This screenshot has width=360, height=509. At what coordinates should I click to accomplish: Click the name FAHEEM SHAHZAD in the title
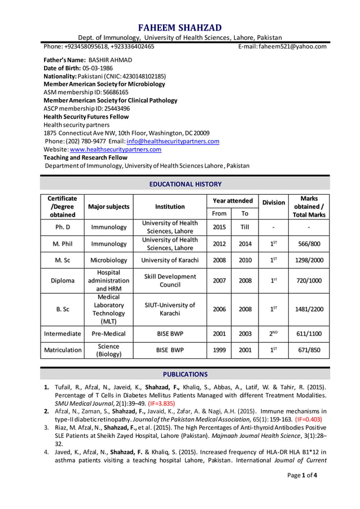pos(180,28)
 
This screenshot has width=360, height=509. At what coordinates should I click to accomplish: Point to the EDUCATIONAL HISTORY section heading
pos(185,184)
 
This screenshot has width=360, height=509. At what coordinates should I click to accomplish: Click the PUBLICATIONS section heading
pos(185,374)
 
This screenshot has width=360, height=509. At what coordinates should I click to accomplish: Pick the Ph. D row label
pos(63,227)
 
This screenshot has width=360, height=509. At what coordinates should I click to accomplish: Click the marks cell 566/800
pos(309,244)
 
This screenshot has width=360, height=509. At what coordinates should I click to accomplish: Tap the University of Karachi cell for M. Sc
pos(170,260)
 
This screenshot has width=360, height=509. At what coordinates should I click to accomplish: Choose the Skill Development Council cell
pos(170,280)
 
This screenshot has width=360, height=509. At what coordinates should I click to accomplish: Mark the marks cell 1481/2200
pos(309,309)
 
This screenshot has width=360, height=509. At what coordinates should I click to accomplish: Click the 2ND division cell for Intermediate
pos(273,334)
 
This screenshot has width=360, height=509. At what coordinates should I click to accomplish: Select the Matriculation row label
pos(63,350)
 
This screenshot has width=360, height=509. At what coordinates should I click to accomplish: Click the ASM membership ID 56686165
pos(109,92)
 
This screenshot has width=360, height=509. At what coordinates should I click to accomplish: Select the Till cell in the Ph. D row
pos(245,227)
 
